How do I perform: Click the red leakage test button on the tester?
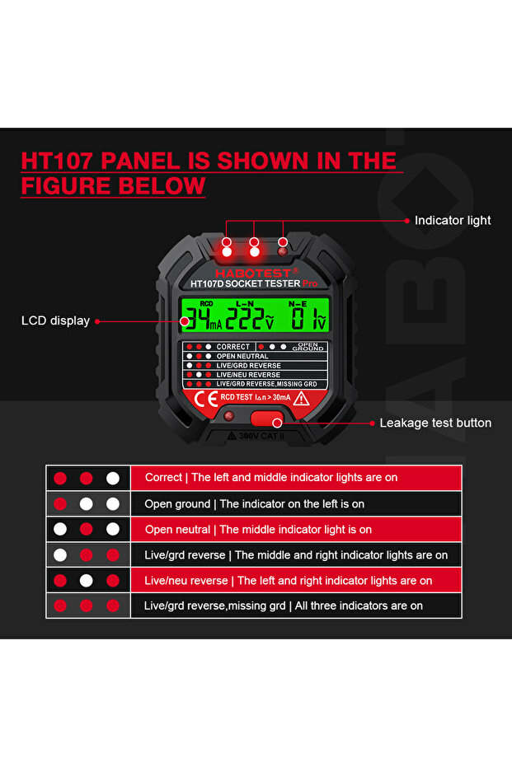point(265,418)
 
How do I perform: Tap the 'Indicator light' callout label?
point(452,221)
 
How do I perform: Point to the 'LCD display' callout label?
point(55,320)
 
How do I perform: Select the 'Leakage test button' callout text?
point(434,423)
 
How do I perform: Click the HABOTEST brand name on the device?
point(253,273)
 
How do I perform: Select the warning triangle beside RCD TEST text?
point(302,398)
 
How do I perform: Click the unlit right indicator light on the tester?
point(283,243)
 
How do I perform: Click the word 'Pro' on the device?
point(309,283)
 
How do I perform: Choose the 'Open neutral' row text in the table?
point(258,529)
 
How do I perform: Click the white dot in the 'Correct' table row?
point(113,478)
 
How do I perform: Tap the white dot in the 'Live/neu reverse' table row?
point(87,581)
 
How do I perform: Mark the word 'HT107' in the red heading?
point(60,161)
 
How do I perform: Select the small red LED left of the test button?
point(228,416)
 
